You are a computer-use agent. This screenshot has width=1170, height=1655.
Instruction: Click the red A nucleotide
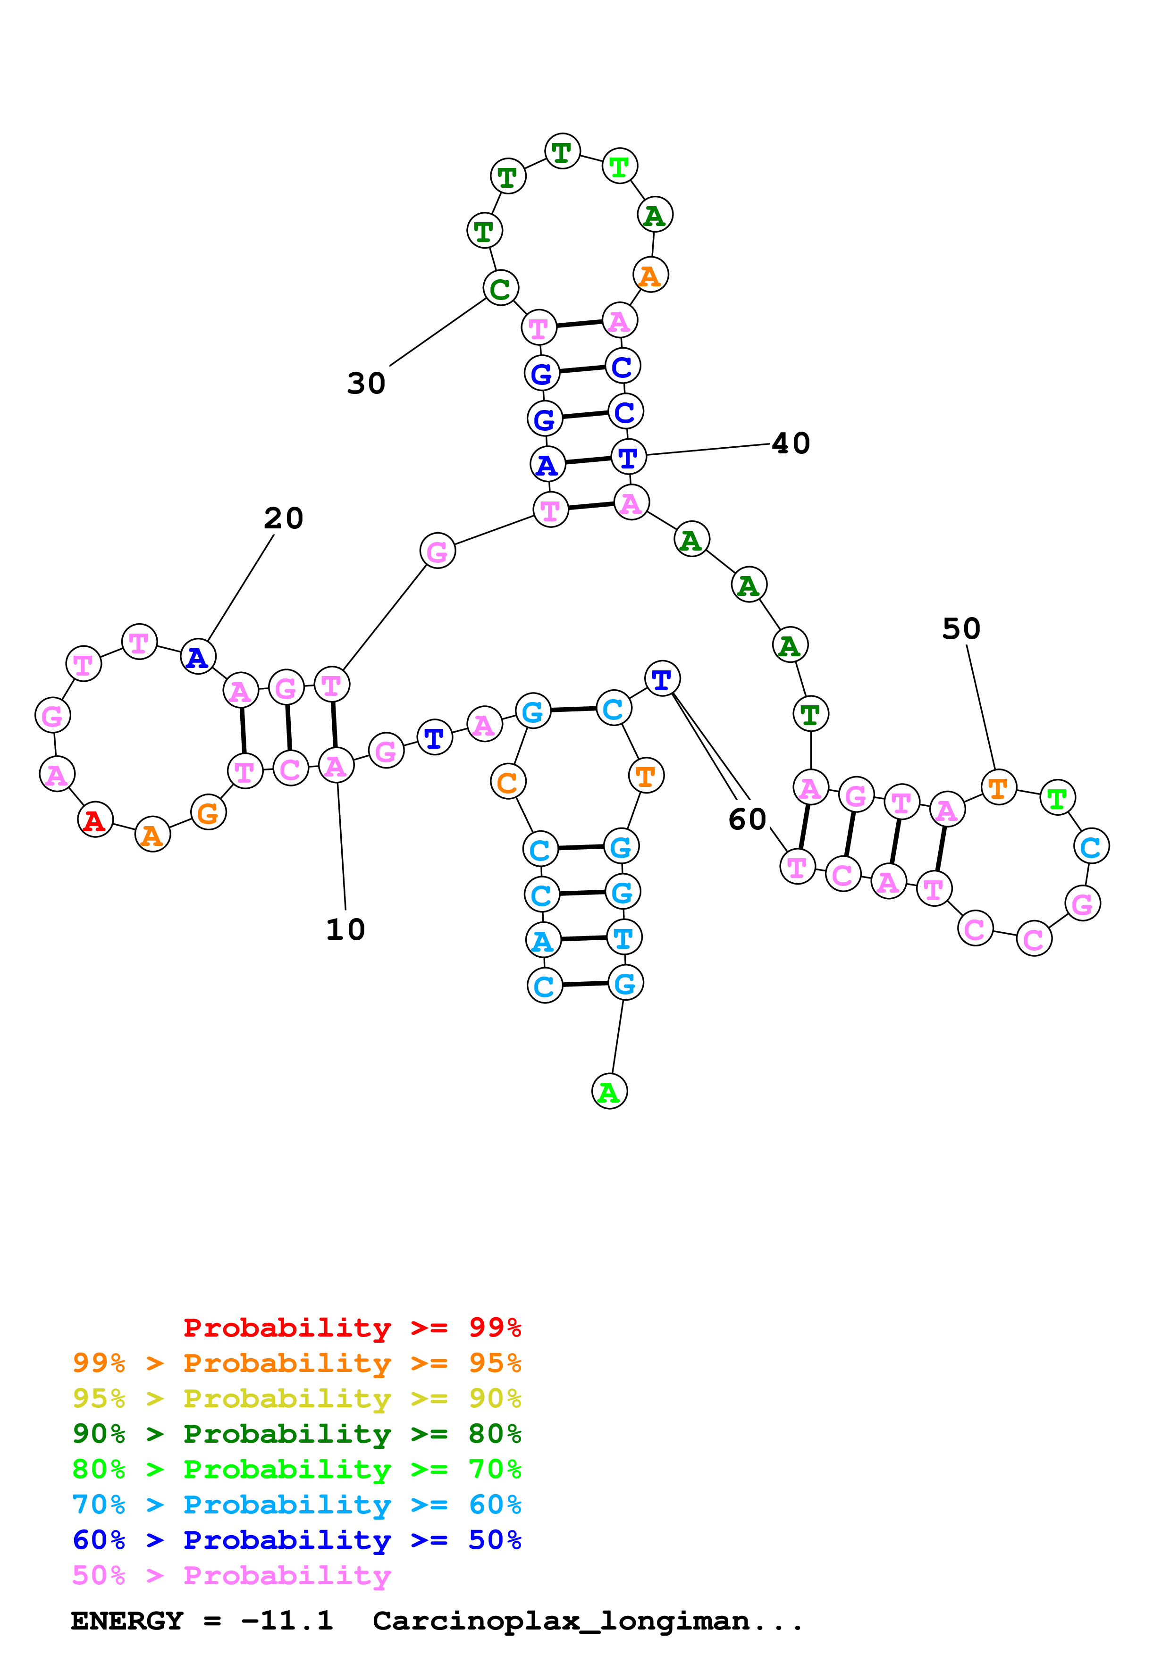tap(94, 820)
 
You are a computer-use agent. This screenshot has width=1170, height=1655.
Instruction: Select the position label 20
tap(283, 518)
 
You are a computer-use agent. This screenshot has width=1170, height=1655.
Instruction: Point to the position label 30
tap(366, 384)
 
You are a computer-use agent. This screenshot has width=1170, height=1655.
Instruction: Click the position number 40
tap(791, 443)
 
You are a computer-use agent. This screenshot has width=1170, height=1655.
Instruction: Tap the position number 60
tap(747, 819)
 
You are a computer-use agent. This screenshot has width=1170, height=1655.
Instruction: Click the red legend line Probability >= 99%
tap(352, 1327)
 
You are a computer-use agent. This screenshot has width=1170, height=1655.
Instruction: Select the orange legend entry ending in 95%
tap(296, 1363)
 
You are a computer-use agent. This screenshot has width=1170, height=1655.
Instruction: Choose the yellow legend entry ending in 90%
tap(296, 1398)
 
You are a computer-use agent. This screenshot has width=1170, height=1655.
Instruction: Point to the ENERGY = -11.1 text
tap(202, 1621)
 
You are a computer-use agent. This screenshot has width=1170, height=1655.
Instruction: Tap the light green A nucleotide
tap(609, 1092)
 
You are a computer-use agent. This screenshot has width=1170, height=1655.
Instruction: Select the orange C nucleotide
tap(507, 782)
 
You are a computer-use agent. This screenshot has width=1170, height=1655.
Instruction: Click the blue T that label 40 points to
tap(628, 457)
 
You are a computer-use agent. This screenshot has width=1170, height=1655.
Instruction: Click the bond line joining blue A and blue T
tap(588, 460)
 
